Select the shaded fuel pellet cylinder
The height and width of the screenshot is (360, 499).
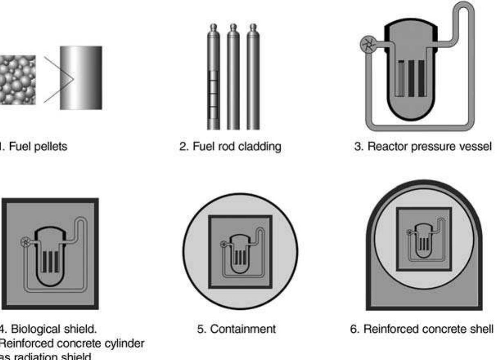pyautogui.click(x=81, y=78)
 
